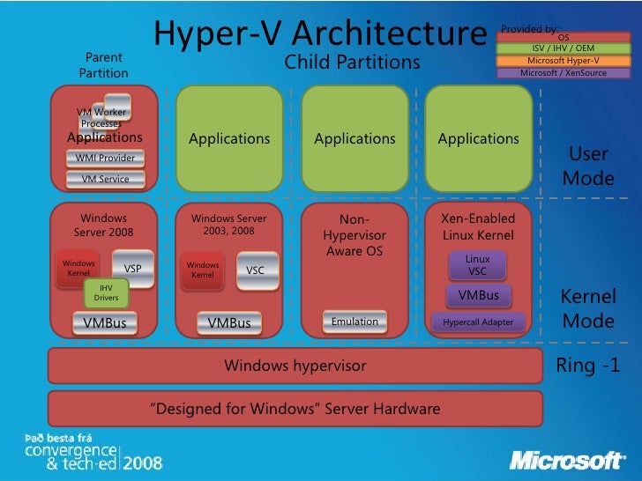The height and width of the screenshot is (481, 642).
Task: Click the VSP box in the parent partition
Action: click(x=133, y=269)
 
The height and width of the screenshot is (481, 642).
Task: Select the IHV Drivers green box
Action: click(x=106, y=293)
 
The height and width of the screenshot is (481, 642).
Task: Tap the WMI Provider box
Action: click(x=105, y=159)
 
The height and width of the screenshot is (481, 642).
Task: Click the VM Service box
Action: click(x=105, y=179)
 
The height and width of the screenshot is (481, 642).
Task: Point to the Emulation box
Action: click(x=355, y=322)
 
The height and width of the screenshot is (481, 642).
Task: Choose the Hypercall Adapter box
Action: click(x=478, y=322)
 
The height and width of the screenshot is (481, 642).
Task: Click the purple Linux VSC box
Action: click(x=478, y=265)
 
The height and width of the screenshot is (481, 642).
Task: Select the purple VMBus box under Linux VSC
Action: click(x=478, y=295)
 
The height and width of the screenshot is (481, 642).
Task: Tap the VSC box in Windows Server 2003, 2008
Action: click(x=255, y=270)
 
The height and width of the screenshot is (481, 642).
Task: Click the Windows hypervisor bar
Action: click(x=295, y=365)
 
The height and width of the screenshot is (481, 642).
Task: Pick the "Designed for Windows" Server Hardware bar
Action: click(x=295, y=409)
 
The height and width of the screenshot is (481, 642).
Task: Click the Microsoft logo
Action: click(x=569, y=460)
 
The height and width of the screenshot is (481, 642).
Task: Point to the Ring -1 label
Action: click(x=587, y=365)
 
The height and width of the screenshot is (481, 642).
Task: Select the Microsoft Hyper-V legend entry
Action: click(x=564, y=61)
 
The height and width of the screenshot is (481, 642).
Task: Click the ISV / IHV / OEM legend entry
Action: click(x=564, y=48)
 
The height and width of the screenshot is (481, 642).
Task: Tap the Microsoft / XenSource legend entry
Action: click(x=564, y=73)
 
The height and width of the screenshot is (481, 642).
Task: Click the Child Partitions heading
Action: click(x=352, y=63)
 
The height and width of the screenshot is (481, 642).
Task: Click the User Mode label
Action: click(x=587, y=166)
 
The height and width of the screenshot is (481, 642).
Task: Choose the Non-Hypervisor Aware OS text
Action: click(x=355, y=236)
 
